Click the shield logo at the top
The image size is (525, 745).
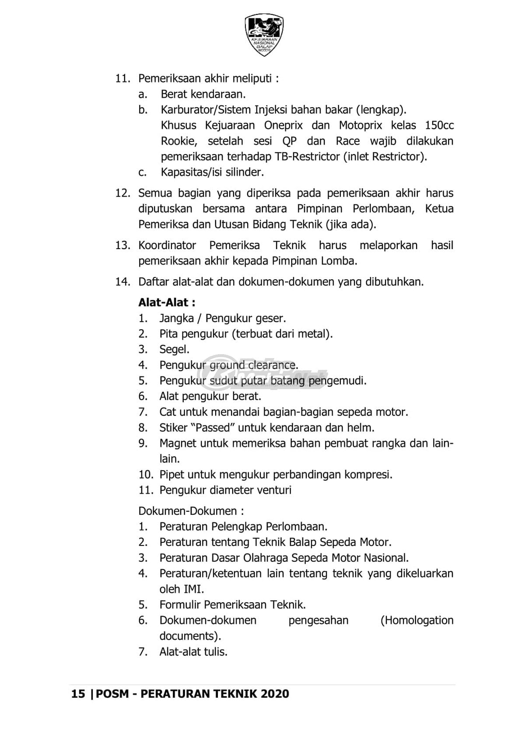pos(264,34)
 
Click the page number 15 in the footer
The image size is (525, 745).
pos(78,694)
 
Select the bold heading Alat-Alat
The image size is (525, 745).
pos(166,302)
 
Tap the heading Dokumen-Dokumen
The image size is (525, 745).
pos(191,511)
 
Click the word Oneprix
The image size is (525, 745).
pos(283,125)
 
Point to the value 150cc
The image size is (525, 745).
pos(439,125)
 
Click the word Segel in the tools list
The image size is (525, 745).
pos(174,349)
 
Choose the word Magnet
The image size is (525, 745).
pos(178,443)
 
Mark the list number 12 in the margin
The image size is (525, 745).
pos(122,193)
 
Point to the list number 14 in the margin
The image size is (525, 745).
pos(122,281)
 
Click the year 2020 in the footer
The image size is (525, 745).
pos(275,694)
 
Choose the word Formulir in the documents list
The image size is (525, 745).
pos(180,604)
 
